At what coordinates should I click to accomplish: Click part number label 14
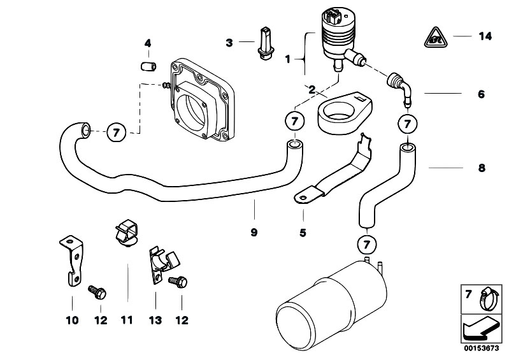pos(485,37)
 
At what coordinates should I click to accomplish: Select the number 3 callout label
pos(229,43)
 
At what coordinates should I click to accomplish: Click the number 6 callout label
pos(481,94)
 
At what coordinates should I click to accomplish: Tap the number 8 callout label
pos(481,168)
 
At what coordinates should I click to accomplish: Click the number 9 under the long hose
pos(254,233)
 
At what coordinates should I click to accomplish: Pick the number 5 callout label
pos(303,233)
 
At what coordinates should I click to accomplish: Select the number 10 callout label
pos(71,320)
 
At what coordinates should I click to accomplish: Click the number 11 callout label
pos(127,320)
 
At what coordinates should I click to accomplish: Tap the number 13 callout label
pos(155,320)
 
